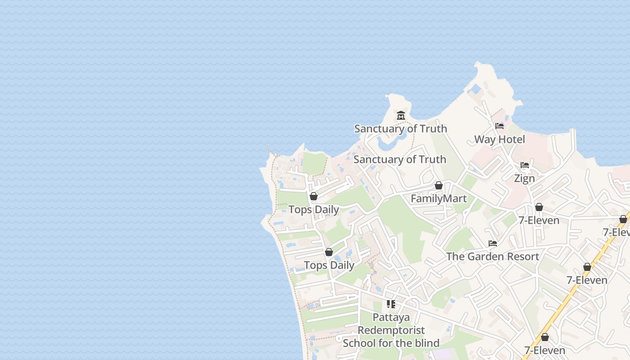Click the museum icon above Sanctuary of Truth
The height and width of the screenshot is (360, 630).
401,116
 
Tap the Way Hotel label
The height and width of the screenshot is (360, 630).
499,139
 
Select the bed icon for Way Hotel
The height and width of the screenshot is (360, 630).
499,126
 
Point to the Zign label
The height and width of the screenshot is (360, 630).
525,179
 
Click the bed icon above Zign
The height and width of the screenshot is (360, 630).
525,165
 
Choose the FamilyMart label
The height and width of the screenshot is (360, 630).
439,198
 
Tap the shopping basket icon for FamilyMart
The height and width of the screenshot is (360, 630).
439,185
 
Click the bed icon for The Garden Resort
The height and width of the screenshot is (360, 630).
493,243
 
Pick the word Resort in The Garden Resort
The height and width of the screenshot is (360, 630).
522,256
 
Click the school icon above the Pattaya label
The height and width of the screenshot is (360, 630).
391,304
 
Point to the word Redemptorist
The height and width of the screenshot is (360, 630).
391,330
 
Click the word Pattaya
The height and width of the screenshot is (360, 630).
391,317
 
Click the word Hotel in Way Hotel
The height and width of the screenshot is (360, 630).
512,139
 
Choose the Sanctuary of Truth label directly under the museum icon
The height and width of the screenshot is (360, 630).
400,129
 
